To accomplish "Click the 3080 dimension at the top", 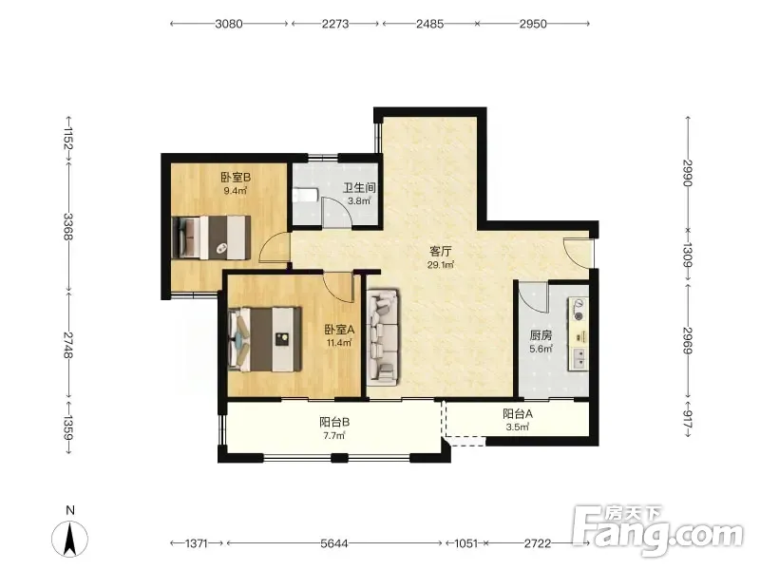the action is coord(229,23).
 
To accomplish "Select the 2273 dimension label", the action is coord(335,23).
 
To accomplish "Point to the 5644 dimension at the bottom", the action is coord(334,543).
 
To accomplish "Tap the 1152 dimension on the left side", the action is coord(68,139).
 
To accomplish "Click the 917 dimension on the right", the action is coord(687,420).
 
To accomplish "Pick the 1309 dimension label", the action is coord(687,255).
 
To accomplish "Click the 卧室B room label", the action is coord(236,178).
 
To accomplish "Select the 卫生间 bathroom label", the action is coord(360,187).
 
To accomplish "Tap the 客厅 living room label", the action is coord(441,251).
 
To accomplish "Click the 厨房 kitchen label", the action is coord(541,335).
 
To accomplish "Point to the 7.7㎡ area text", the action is coord(334,435).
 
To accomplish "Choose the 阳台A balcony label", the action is coord(518,414).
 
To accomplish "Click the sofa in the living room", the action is coord(383,337).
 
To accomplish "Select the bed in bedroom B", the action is coord(211,237).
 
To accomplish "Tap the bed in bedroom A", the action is coord(265,339).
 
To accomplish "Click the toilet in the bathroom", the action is coord(305,195).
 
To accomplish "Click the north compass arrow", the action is coord(70,539).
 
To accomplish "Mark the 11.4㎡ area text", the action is coord(339,343).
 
